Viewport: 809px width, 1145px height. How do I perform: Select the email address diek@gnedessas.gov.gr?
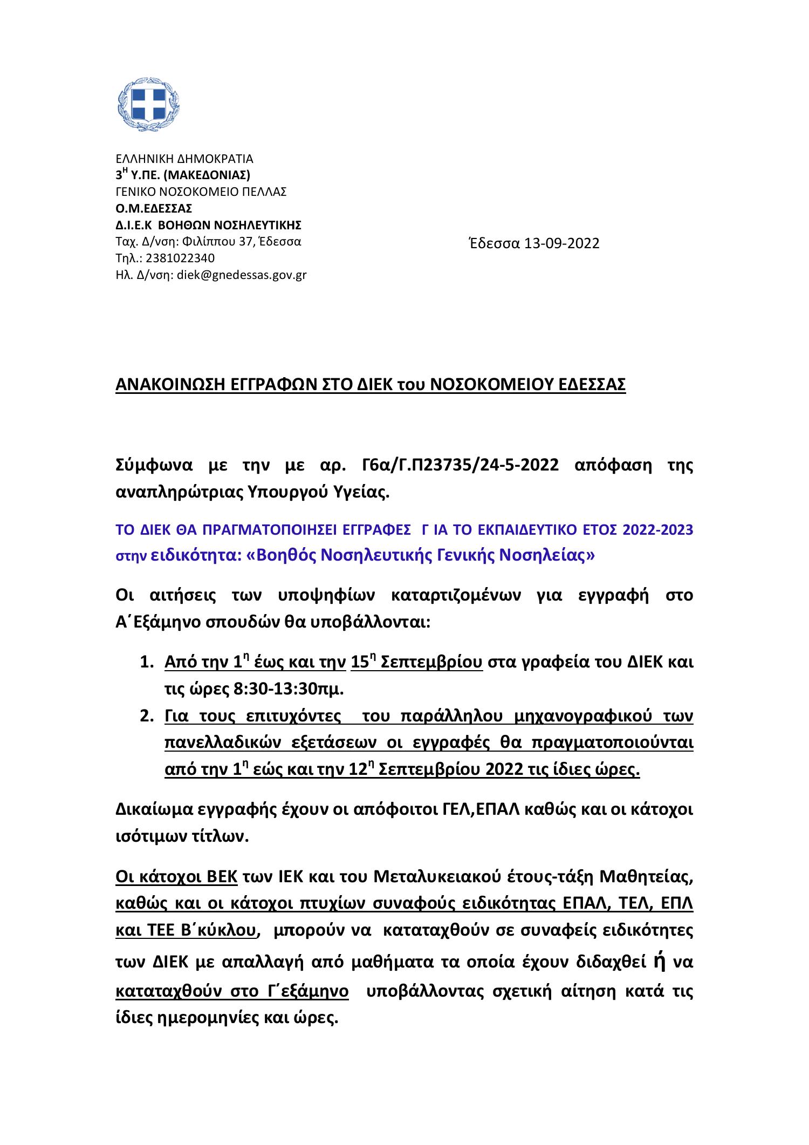pos(242,275)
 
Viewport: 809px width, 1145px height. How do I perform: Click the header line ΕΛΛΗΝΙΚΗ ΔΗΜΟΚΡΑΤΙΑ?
pos(184,159)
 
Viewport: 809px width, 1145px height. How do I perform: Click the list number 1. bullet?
pos(147,662)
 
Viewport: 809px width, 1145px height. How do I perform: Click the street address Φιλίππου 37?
pos(218,242)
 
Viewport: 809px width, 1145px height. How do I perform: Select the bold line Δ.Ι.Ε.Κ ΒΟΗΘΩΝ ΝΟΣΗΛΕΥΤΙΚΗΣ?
pos(209,225)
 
